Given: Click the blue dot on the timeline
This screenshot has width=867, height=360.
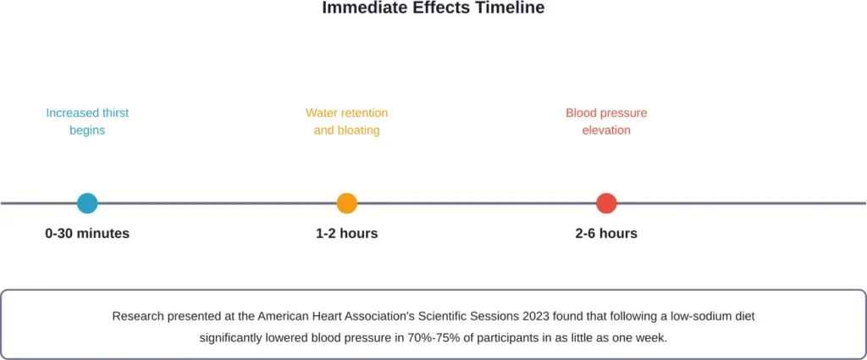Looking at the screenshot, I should click(87, 203).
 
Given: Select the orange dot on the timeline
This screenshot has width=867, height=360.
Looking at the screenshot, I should click(346, 203).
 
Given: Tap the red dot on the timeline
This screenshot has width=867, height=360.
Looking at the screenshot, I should click(606, 203).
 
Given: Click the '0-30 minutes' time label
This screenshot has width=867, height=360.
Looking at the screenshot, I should click(87, 234).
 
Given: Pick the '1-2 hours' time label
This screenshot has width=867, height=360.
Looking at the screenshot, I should click(346, 234).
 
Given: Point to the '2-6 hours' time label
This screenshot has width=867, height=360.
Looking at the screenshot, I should click(606, 234).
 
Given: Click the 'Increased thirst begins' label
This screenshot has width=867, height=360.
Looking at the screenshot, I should click(87, 122).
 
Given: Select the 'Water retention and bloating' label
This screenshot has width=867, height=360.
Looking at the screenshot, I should click(346, 122).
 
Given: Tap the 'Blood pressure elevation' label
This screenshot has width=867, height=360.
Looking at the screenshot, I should click(606, 122).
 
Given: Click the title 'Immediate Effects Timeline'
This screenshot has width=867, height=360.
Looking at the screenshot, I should click(433, 8).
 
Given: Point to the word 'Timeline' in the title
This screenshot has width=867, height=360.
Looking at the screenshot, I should click(513, 8).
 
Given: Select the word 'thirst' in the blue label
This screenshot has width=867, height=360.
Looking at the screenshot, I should click(115, 113).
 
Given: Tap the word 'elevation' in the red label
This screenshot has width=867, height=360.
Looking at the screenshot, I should click(606, 131).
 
